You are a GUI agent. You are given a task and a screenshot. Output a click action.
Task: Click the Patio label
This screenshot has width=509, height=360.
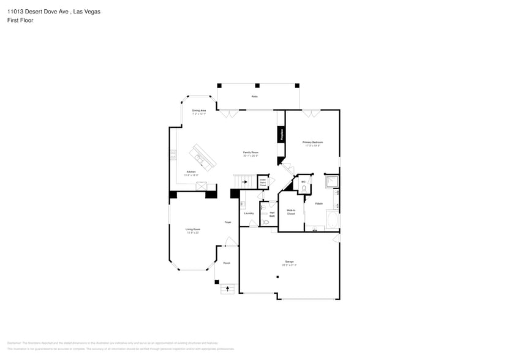[254, 97]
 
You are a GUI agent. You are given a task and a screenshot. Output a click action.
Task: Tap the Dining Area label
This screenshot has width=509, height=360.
[199, 112]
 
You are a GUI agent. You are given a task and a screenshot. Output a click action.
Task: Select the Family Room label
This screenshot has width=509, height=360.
[251, 153]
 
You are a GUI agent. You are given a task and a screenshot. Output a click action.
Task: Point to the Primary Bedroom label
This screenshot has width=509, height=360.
[312, 143]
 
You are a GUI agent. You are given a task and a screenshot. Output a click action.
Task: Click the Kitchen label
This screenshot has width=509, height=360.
[191, 173]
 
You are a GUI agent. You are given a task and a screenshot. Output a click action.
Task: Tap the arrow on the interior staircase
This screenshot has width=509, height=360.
[244, 181]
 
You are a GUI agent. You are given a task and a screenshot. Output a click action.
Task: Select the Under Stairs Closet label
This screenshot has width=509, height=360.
[262, 182]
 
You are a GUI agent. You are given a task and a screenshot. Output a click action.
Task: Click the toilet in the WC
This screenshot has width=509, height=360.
[304, 189]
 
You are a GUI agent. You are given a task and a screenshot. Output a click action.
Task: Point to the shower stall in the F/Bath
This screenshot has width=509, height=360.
[331, 181]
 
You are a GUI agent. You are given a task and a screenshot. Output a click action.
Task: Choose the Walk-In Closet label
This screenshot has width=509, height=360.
[291, 212]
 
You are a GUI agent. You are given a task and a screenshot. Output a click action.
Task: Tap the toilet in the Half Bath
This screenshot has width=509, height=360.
[266, 222]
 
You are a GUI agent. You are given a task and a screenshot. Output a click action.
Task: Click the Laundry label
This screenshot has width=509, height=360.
[249, 213]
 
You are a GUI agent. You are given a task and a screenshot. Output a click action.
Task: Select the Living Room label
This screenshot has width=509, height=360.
[193, 231]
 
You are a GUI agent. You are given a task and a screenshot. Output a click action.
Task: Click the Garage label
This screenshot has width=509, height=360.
[289, 263]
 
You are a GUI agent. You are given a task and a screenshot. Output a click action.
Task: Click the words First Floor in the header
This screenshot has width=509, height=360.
[20, 20]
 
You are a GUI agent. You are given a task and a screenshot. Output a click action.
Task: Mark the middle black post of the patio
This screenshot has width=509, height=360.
[257, 85]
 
